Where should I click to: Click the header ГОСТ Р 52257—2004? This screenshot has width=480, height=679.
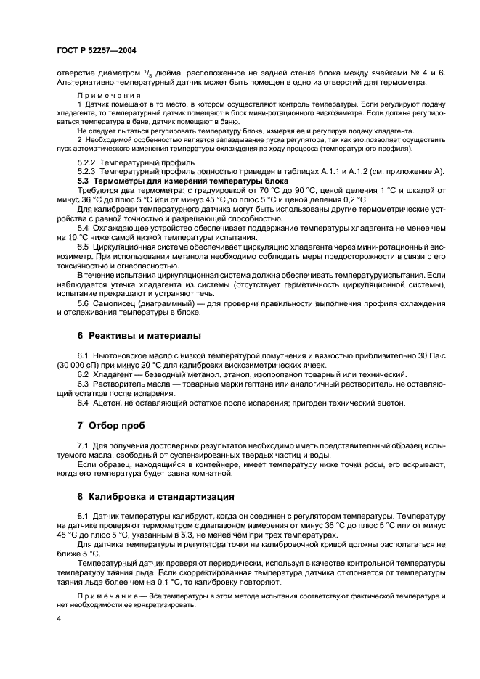click(x=96, y=50)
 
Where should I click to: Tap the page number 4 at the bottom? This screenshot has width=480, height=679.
click(x=60, y=619)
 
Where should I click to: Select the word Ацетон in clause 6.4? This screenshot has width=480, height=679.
click(x=110, y=402)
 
